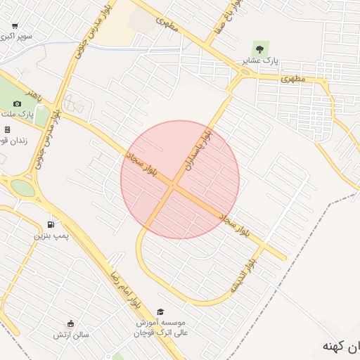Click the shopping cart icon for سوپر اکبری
tap(15, 25)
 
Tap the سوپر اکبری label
tap(16, 36)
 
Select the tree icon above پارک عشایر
tap(260, 49)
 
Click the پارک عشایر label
tap(262, 60)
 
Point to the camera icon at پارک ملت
tap(17, 103)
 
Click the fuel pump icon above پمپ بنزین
tap(51, 224)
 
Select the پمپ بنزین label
tap(51, 236)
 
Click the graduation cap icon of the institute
tap(160, 311)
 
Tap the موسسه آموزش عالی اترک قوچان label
tap(160, 327)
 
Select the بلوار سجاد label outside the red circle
tap(233, 223)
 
